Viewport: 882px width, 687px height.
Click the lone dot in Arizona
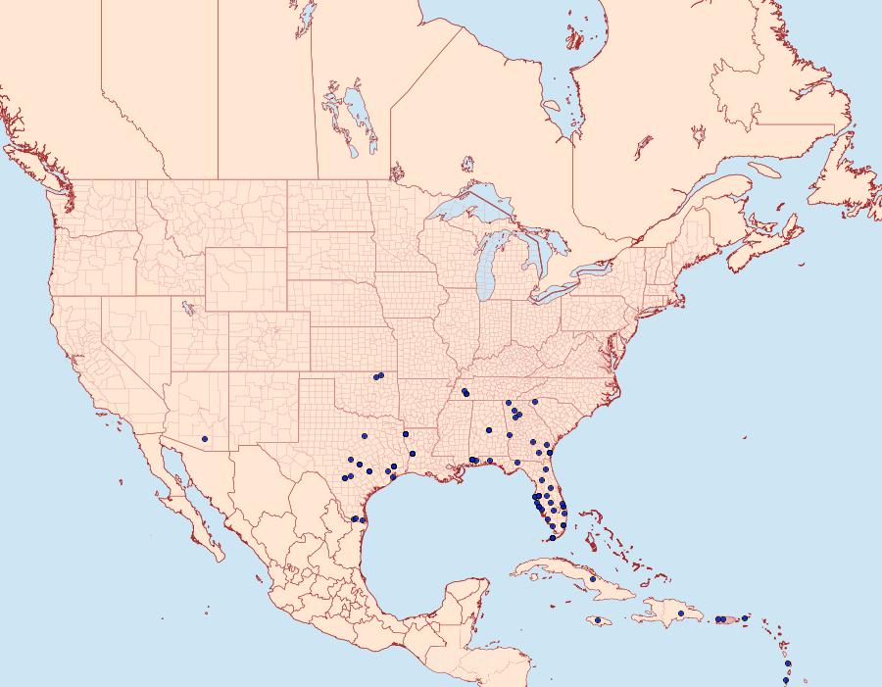click(x=204, y=438)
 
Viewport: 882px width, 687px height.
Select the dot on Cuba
click(x=593, y=579)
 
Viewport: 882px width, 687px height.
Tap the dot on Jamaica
click(x=596, y=620)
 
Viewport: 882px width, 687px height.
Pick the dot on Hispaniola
click(x=680, y=613)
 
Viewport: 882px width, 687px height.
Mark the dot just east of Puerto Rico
click(x=745, y=617)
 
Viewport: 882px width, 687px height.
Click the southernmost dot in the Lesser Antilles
click(x=786, y=679)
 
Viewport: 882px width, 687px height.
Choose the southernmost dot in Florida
click(x=553, y=538)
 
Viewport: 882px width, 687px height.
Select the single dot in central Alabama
click(x=488, y=430)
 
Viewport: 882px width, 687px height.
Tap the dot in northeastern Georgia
click(x=535, y=402)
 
